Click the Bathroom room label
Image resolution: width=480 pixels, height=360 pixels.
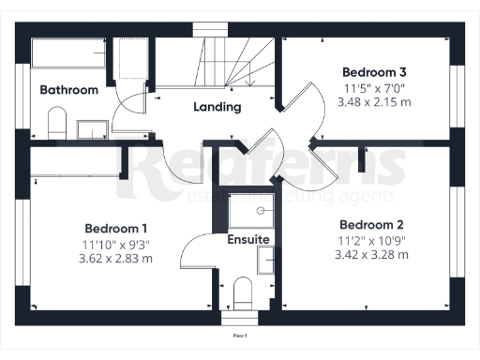point(68,90)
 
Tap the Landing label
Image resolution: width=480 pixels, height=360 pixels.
point(217,107)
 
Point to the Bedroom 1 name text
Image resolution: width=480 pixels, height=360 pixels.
point(116,229)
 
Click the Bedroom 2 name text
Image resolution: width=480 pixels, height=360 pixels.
point(371,225)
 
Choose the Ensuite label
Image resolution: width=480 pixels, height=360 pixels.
point(248,240)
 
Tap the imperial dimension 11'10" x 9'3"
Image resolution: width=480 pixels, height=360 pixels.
point(116,244)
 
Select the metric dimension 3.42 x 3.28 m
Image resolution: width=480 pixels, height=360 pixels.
point(371,254)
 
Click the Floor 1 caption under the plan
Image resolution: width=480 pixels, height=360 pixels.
point(240,335)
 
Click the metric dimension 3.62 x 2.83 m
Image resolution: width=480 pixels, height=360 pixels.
point(116,258)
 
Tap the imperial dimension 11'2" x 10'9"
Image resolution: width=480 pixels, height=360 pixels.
point(371,240)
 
